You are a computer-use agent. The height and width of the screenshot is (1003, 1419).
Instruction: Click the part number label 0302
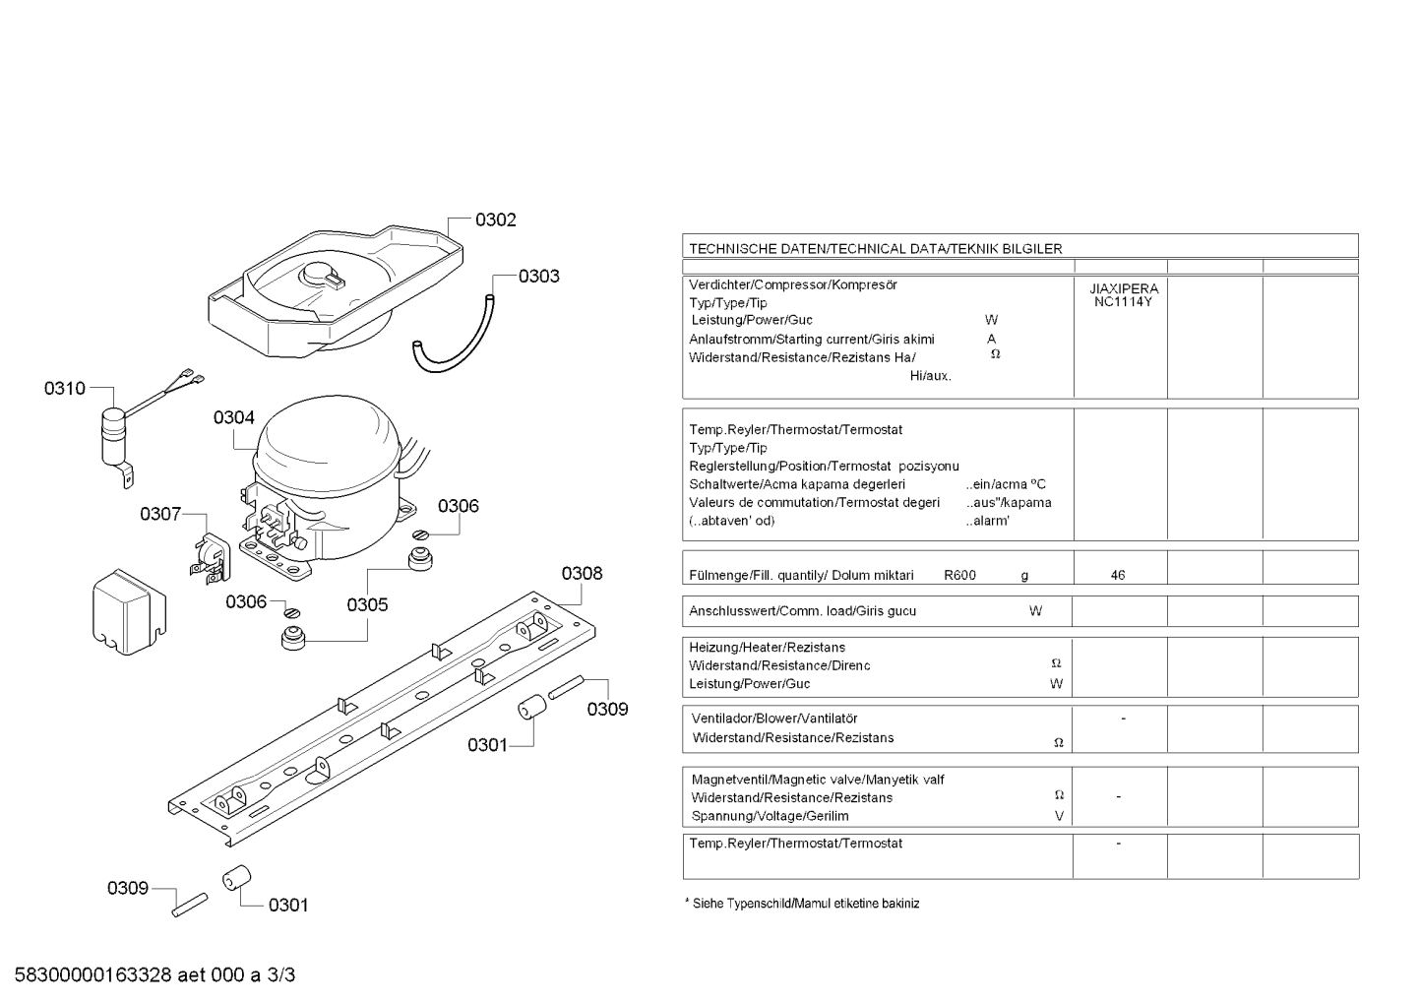[495, 219]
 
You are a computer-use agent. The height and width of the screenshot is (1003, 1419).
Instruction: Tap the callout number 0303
[539, 277]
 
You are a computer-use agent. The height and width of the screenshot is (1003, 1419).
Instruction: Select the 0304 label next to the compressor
[234, 417]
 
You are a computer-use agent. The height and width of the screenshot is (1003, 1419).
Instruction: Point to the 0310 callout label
[65, 389]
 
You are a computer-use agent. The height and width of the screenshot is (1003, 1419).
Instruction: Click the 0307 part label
[161, 514]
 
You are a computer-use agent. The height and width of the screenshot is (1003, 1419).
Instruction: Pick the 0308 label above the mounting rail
[583, 574]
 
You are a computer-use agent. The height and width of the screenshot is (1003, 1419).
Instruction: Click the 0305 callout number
[367, 605]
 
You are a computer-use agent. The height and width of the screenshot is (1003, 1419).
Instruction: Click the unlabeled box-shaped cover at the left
[129, 611]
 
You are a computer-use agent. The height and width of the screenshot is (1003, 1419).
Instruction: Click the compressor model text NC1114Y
[1123, 302]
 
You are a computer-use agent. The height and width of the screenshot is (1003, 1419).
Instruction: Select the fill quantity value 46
[1118, 575]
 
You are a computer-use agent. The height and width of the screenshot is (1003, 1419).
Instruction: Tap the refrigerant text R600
[959, 575]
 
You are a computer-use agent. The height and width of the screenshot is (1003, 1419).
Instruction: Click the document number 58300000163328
[93, 975]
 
